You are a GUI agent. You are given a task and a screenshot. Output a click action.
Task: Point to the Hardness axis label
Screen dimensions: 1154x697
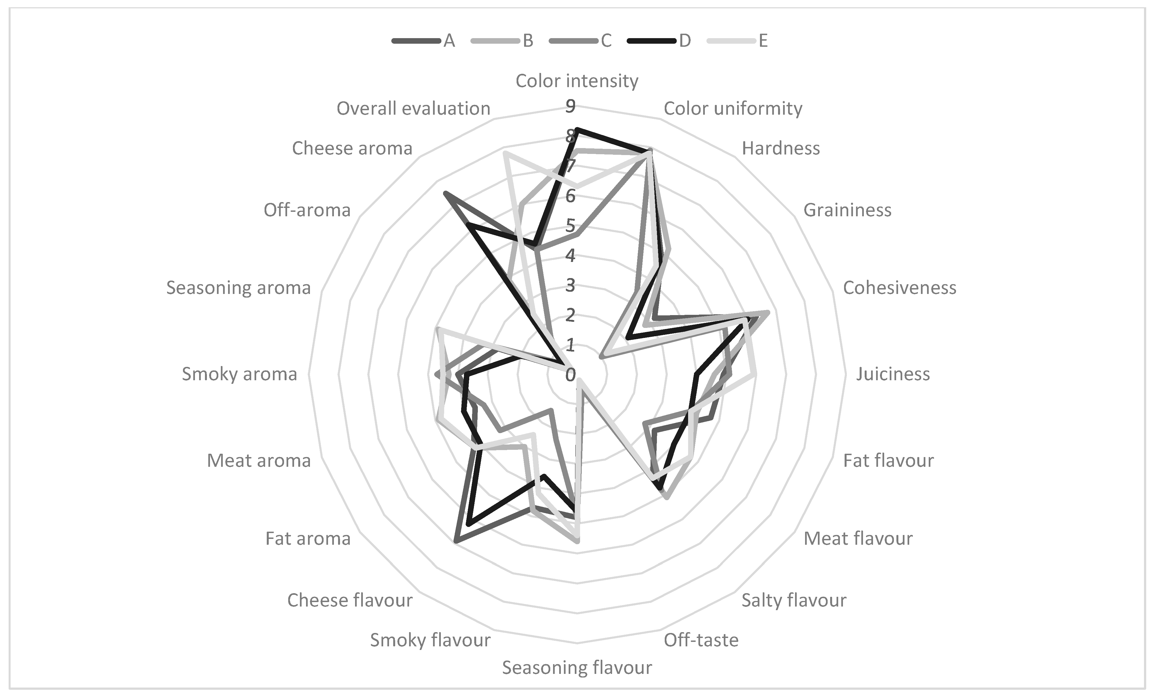781,148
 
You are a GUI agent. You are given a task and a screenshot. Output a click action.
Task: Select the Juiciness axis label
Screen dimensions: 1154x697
893,374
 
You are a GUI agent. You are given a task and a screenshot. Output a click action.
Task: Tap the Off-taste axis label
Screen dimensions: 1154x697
701,640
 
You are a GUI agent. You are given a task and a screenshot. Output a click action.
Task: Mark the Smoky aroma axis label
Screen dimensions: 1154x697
239,374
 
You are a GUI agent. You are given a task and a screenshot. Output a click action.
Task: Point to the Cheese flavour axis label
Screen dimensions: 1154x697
350,600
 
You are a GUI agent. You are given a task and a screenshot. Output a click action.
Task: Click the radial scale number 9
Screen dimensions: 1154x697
570,106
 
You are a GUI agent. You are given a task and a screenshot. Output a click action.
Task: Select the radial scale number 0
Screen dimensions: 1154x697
570,375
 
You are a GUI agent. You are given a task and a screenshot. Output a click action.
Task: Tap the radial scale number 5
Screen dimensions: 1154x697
570,226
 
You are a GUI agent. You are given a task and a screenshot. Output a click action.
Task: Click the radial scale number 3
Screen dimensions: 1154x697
570,285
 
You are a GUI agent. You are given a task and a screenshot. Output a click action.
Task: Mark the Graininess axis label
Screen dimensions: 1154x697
847,210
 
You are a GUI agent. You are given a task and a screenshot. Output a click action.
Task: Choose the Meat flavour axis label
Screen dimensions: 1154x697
858,539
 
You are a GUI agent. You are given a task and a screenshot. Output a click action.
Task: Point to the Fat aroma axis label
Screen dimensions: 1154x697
308,539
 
